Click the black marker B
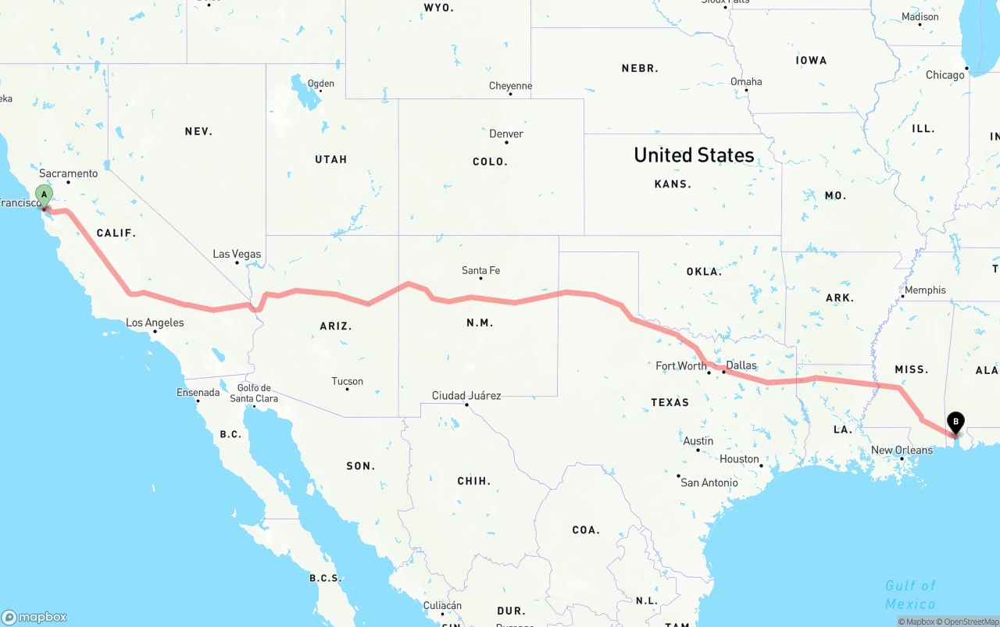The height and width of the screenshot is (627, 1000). click(x=955, y=422)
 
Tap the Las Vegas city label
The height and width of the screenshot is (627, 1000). click(x=237, y=255)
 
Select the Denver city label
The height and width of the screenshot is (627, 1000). click(x=506, y=134)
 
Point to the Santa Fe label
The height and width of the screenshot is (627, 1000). click(x=480, y=271)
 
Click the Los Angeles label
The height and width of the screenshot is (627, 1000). click(x=155, y=322)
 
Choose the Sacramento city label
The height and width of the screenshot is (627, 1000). click(x=69, y=173)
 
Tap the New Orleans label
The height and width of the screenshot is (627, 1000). click(x=902, y=451)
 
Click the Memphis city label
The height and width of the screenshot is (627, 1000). click(x=925, y=290)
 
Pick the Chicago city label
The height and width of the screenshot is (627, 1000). click(x=945, y=75)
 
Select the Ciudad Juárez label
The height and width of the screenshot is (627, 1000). click(x=466, y=396)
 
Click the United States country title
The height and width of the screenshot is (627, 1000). click(x=694, y=155)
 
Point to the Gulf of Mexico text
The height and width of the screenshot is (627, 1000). click(x=910, y=594)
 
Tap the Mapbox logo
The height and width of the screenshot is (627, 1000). click(x=34, y=617)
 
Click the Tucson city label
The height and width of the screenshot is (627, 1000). click(x=347, y=382)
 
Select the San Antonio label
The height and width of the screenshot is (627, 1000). click(x=709, y=483)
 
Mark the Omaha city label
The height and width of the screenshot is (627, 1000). click(x=746, y=82)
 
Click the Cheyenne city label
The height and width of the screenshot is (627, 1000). click(x=510, y=86)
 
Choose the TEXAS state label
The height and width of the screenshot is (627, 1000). click(x=670, y=402)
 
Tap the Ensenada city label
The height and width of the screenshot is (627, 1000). click(x=198, y=393)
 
